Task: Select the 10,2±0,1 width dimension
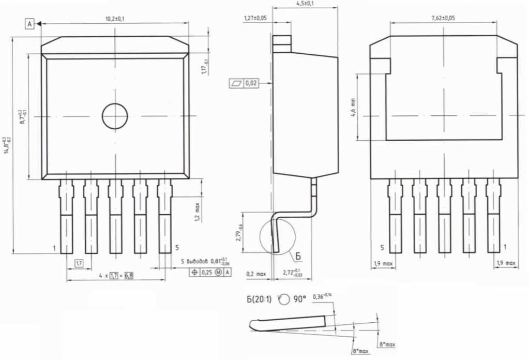[115, 19]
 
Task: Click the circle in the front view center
[115, 116]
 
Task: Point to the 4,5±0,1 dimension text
[305, 4]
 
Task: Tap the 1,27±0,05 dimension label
[255, 18]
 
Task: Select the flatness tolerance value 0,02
[251, 83]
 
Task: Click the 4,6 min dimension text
[354, 107]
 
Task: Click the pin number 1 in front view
[54, 248]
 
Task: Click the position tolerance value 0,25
[207, 272]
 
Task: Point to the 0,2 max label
[256, 273]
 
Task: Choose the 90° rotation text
[299, 299]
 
